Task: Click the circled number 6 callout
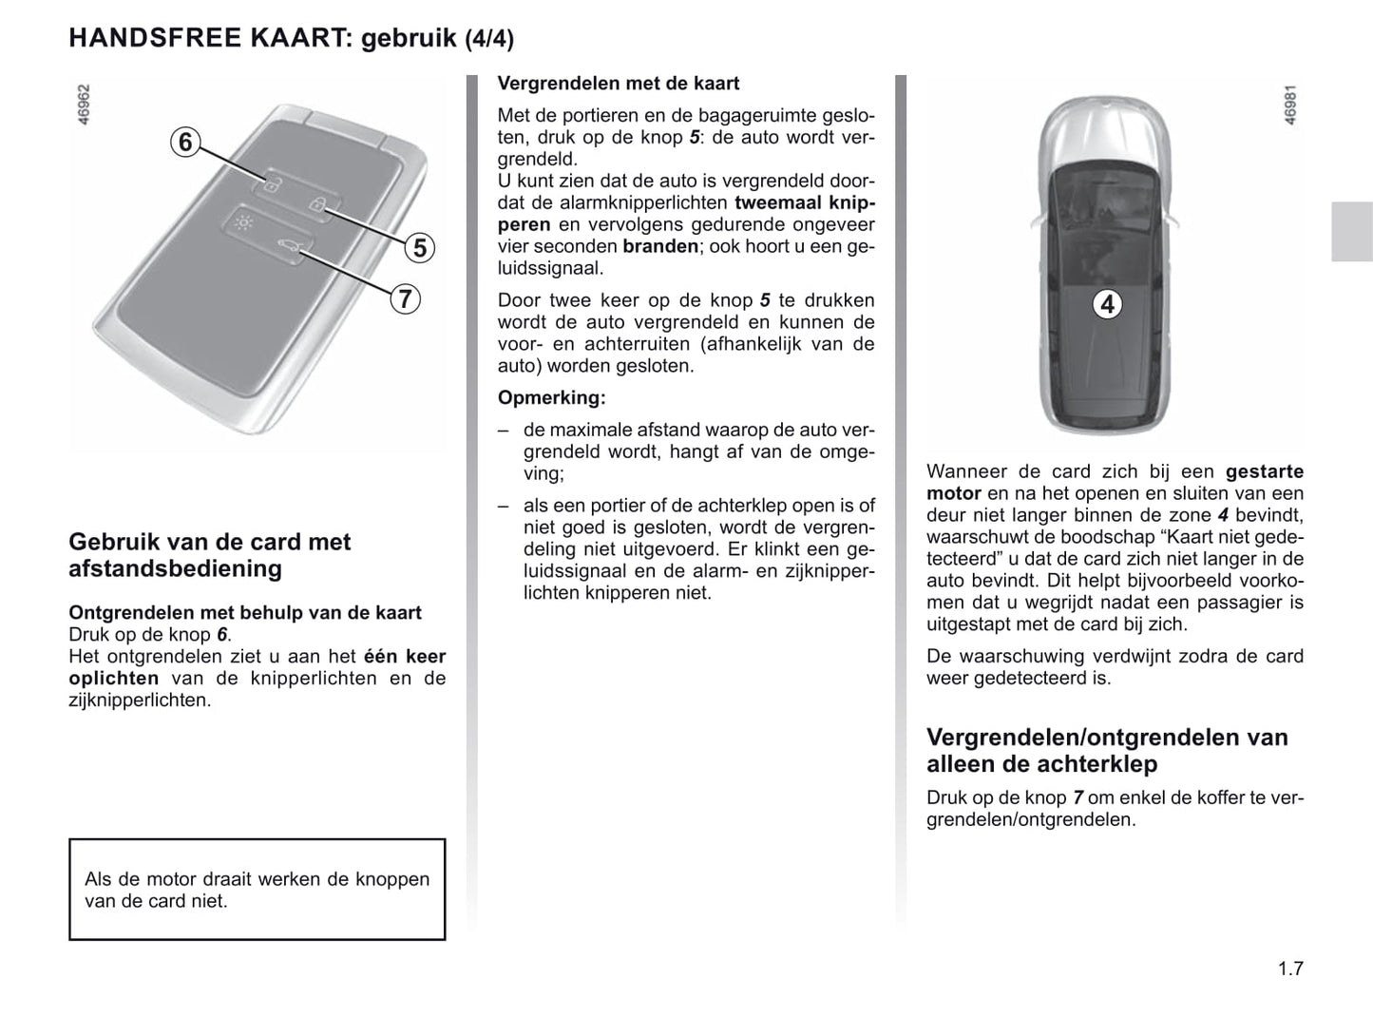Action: (x=185, y=143)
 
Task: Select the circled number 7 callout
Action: (x=405, y=298)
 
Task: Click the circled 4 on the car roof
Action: (x=1107, y=304)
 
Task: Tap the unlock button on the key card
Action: (x=270, y=184)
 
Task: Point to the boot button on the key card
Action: (x=286, y=249)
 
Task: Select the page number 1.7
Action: (x=1290, y=969)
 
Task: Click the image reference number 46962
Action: (x=84, y=106)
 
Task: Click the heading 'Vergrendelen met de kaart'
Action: (x=619, y=84)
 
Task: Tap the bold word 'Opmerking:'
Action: (x=551, y=397)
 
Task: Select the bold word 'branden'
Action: (x=660, y=246)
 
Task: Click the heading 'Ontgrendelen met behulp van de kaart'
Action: (x=245, y=613)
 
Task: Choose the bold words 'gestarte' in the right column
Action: (x=1264, y=471)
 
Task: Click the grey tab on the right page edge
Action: (x=1351, y=232)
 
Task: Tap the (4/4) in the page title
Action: (x=489, y=39)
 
